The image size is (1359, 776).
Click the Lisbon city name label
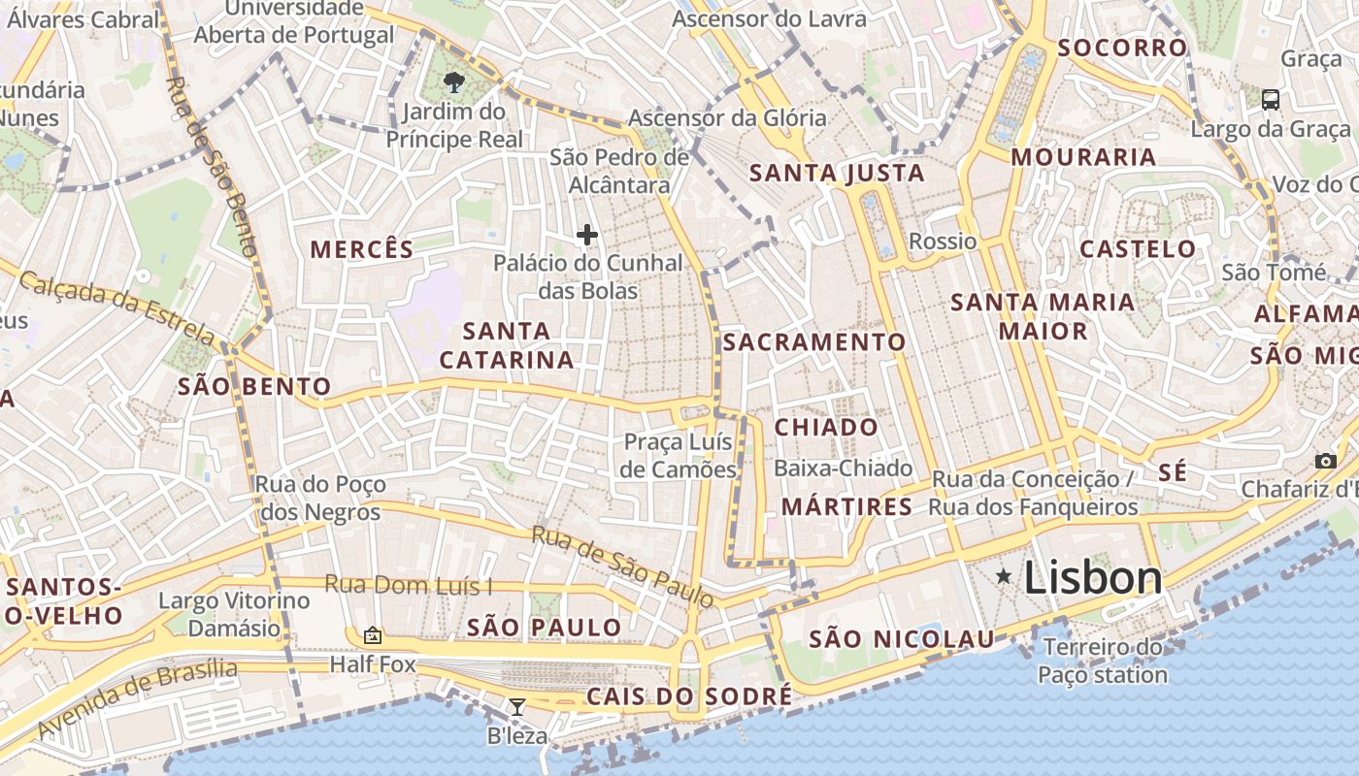[1092, 578]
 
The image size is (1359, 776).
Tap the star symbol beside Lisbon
[1004, 577]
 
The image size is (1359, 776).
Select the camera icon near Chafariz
[1325, 461]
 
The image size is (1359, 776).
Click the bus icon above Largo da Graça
[1270, 99]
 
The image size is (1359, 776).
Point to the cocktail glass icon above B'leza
[517, 707]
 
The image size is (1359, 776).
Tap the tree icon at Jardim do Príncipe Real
[453, 81]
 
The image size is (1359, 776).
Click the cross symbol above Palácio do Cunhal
[587, 235]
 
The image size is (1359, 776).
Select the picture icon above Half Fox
[372, 636]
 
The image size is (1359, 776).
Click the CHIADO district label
[826, 427]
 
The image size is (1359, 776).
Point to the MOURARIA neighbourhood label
[1084, 157]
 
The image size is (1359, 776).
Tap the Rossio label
[942, 241]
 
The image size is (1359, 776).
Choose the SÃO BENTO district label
[254, 387]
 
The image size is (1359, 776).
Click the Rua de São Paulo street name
[622, 566]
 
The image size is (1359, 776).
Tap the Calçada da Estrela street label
[117, 308]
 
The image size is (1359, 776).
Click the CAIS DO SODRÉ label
[689, 696]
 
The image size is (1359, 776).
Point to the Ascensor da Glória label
[727, 118]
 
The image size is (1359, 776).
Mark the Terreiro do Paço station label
[1103, 661]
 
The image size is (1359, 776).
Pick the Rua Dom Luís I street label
[409, 585]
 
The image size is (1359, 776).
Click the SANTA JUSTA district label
[837, 174]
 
